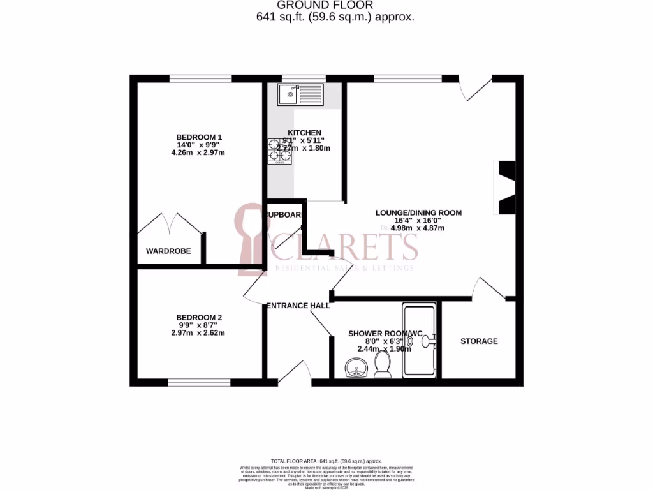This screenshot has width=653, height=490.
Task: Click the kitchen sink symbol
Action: (301, 95)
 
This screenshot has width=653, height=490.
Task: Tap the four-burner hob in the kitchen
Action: (280, 151)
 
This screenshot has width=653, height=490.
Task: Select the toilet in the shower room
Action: (383, 365)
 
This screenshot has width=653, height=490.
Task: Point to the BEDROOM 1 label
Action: (199, 137)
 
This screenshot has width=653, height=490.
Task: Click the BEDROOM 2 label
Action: (199, 318)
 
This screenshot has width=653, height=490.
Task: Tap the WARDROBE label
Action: (168, 251)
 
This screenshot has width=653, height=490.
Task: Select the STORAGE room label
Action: (479, 341)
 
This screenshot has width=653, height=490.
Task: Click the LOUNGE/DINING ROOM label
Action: (418, 213)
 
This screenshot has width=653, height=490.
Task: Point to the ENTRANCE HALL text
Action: (298, 306)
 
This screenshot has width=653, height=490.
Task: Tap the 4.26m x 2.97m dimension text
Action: (199, 152)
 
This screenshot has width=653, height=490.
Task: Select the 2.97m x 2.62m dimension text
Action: (199, 333)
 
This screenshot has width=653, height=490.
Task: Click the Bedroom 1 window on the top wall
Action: (200, 78)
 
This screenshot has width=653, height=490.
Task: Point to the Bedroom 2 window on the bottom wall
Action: (199, 383)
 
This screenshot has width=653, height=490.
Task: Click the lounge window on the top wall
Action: (407, 78)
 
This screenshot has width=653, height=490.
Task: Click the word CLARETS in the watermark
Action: (345, 246)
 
